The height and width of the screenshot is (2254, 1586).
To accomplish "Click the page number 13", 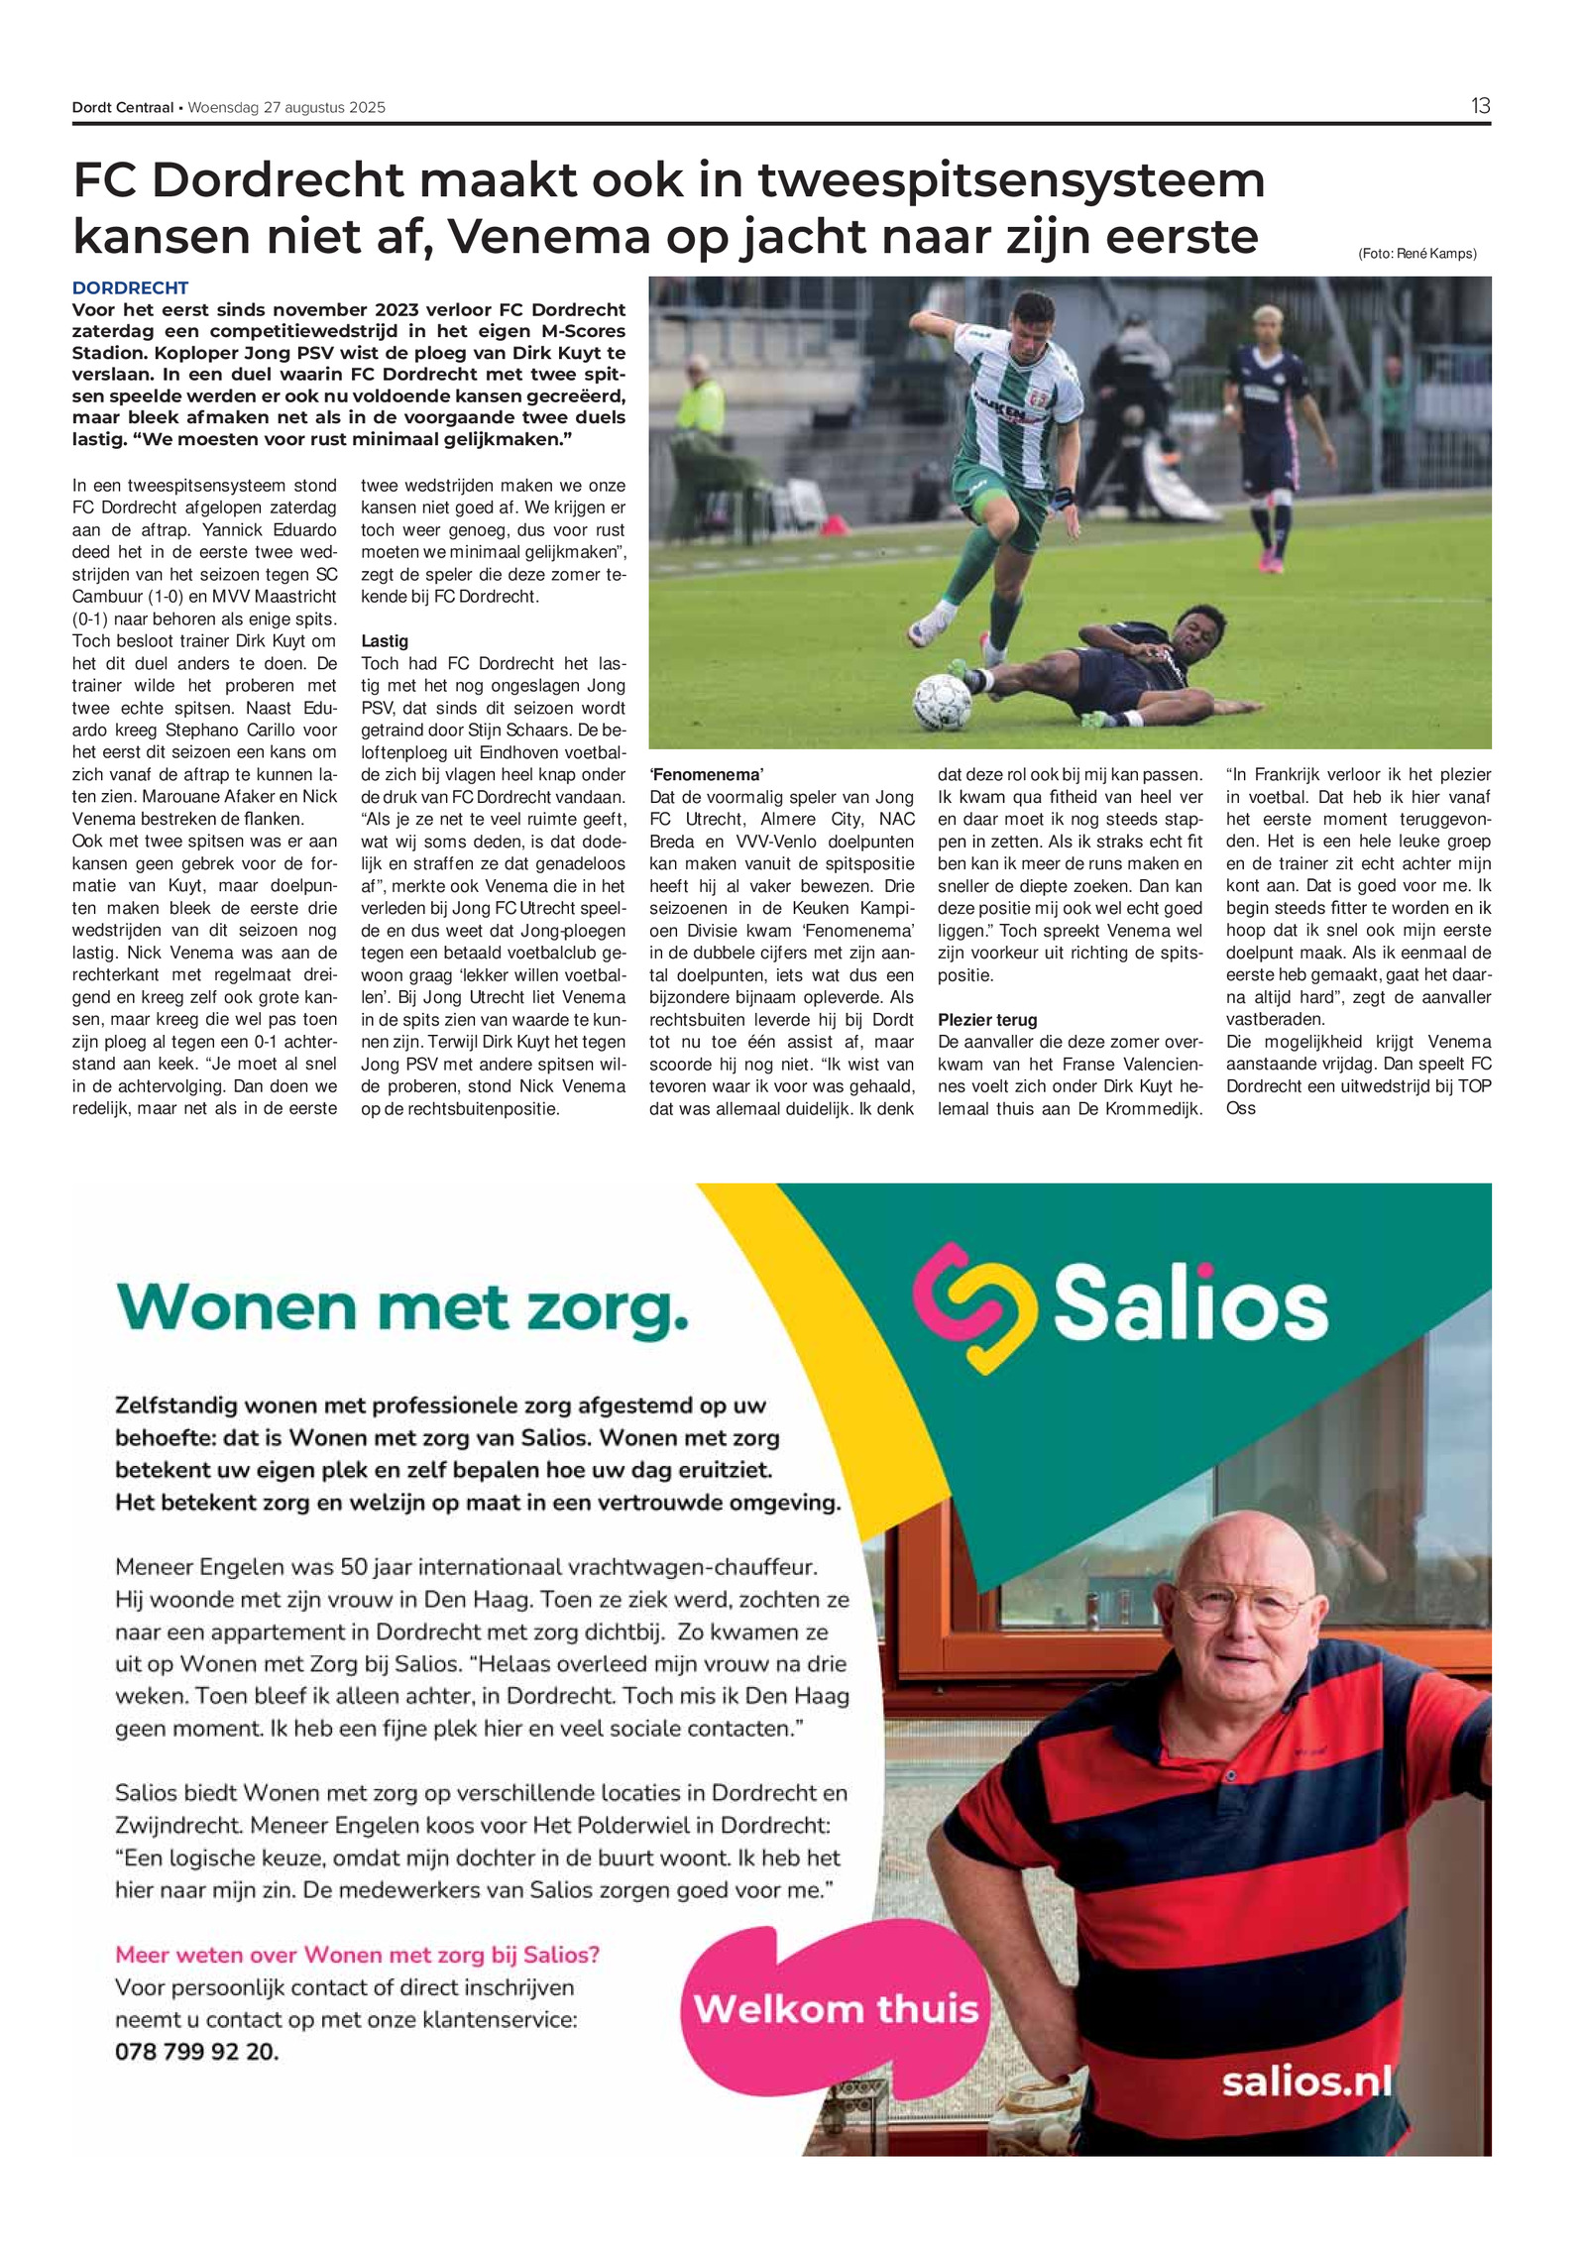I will [x=1480, y=106].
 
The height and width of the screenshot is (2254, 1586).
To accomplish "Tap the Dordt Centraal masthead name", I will [x=122, y=108].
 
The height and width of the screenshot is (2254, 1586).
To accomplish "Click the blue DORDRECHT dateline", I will [x=130, y=288].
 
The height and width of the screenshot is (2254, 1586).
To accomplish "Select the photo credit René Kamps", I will [x=1416, y=254].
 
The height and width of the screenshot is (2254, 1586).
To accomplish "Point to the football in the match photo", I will [x=941, y=702].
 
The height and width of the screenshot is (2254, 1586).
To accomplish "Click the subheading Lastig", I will [x=385, y=641].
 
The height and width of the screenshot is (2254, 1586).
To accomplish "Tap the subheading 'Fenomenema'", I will [x=707, y=775].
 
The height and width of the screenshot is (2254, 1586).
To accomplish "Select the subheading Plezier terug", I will [x=987, y=1020].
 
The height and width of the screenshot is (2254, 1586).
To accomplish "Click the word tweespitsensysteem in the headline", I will [x=1011, y=180].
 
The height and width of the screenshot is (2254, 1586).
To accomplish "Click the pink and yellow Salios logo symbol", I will [x=972, y=1307].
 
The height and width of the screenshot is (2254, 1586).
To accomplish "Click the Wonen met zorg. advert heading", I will [x=402, y=1307].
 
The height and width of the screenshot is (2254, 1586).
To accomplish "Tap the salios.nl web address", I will [x=1306, y=2082].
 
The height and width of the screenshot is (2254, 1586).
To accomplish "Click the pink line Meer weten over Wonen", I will [x=358, y=1956].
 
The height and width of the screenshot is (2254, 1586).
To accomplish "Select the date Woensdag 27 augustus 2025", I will [x=286, y=108].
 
